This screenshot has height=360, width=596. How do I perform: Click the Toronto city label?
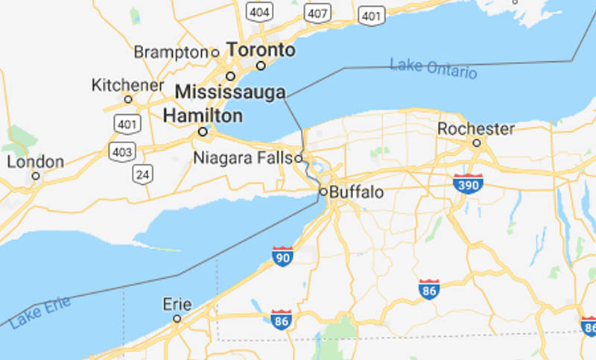pos(261,51)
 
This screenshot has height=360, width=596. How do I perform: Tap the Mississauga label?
pos(231,92)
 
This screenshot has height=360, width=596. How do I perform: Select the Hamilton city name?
pos(203,116)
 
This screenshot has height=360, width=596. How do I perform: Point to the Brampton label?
pos(171,52)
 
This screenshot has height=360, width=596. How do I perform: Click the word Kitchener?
pos(127,85)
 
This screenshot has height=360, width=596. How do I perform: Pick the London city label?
pos(36,162)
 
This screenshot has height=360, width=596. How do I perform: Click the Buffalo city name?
pos(357,192)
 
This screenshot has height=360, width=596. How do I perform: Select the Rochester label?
pos(476,129)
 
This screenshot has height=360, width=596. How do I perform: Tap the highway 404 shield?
pos(260,11)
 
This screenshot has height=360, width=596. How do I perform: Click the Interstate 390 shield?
pos(468,183)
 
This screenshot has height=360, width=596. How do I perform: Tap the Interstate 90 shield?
pos(282,255)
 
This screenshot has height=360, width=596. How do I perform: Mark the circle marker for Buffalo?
pos(323,192)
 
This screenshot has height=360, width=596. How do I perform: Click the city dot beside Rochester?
pos(477,142)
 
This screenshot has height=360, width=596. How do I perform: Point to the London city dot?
pos(35,176)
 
